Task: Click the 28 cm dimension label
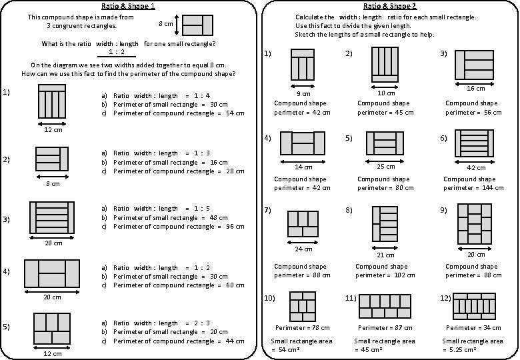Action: coord(53,243)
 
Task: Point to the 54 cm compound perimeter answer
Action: coord(235,113)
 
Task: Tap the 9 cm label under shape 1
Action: coord(303,93)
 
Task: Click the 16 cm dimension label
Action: coord(475,89)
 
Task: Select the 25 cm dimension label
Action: coord(385,167)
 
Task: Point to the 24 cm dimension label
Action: coord(303,250)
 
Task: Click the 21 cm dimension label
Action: coord(385,255)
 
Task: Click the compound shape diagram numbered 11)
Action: coord(385,306)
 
